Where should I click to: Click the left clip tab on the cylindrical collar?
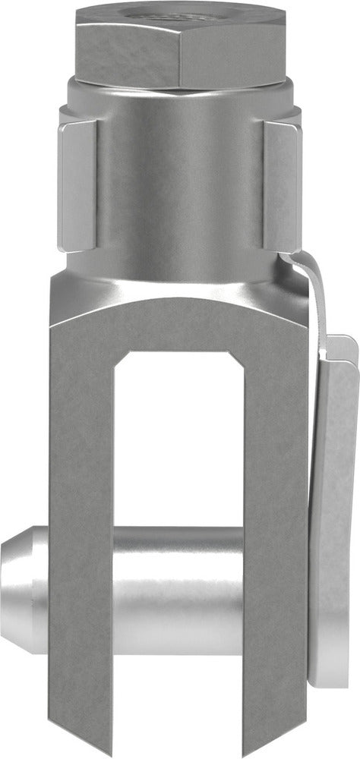pos(77,187)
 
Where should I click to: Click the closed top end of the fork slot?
pos(179,354)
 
